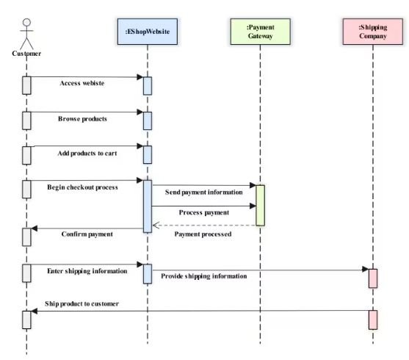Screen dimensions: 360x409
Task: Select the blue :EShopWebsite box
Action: coord(147,32)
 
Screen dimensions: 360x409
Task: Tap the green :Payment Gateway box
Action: coord(260,32)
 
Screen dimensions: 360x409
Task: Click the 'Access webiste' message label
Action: coord(82,83)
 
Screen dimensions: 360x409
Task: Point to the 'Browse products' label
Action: coord(82,118)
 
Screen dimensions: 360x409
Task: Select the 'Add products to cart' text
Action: coord(87,154)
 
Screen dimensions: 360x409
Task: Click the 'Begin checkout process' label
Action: coord(82,187)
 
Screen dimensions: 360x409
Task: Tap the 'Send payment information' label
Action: coord(203,192)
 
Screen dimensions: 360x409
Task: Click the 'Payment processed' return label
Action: coord(203,234)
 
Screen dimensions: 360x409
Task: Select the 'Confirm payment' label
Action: coord(87,234)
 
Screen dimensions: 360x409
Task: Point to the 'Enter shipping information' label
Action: coord(87,270)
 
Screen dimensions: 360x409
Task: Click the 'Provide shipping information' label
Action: coord(203,276)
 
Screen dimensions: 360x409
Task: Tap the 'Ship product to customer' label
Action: coord(82,303)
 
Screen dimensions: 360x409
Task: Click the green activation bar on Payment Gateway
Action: coord(260,205)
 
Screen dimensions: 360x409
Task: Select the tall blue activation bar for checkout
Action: coord(148,206)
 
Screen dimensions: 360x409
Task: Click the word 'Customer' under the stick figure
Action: coord(26,53)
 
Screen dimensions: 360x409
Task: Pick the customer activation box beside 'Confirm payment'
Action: coord(26,236)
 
